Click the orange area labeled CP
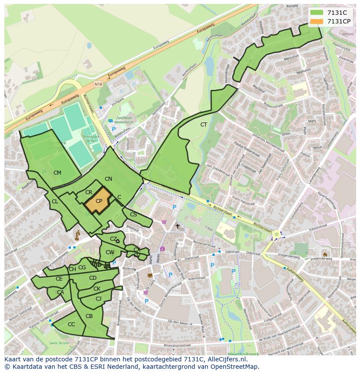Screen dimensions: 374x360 [99, 201]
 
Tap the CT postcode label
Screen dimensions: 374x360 [203, 125]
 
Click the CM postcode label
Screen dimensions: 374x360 [57, 173]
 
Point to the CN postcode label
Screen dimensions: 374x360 [108, 179]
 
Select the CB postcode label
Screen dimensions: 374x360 [89, 316]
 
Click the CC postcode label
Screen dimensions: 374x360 [71, 324]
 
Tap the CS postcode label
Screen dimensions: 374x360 [133, 215]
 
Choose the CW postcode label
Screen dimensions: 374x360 [110, 252]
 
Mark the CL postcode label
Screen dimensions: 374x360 [55, 202]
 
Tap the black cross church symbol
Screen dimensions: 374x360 [177, 226]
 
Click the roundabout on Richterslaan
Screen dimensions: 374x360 [276, 235]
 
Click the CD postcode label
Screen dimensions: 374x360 [93, 278]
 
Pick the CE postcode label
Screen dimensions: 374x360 [59, 279]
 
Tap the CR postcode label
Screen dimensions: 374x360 [88, 192]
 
